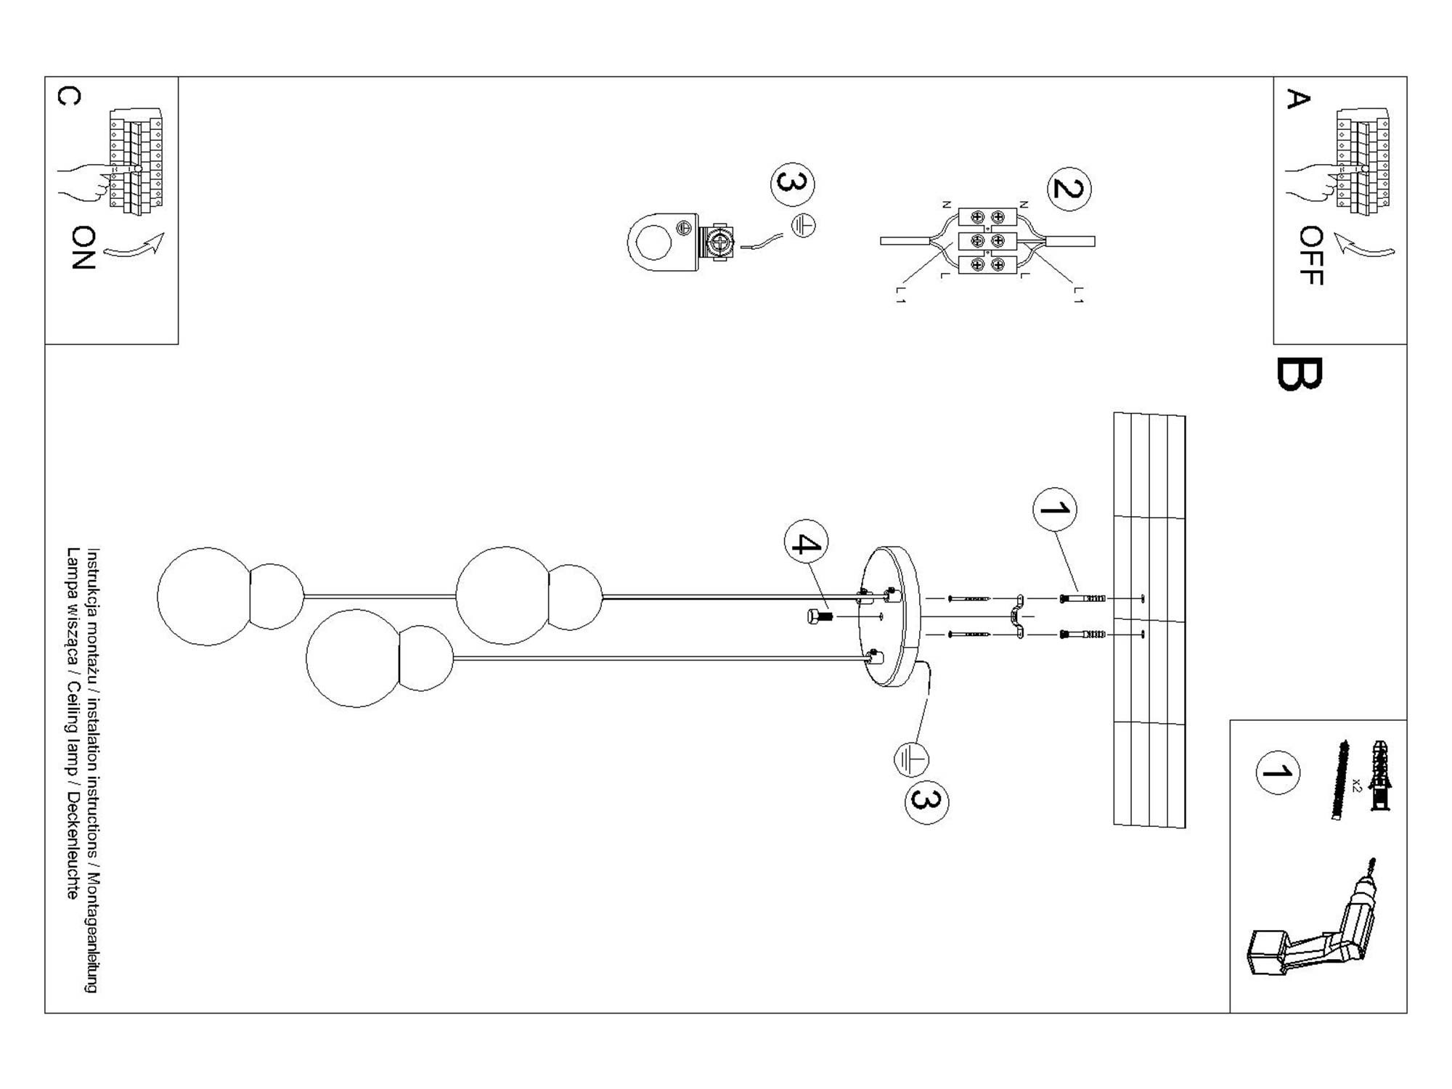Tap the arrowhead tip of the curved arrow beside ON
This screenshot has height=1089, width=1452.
click(163, 234)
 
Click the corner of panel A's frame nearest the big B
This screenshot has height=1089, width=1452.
click(1274, 344)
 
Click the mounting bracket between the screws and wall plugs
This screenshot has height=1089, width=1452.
click(1017, 616)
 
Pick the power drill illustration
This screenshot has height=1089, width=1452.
click(1310, 921)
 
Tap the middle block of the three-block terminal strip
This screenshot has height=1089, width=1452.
click(987, 241)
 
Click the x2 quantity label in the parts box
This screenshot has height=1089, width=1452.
click(1356, 784)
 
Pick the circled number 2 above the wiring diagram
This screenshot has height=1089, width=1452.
click(1068, 189)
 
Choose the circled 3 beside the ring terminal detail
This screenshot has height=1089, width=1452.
click(792, 183)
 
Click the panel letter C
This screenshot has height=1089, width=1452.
click(69, 96)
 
